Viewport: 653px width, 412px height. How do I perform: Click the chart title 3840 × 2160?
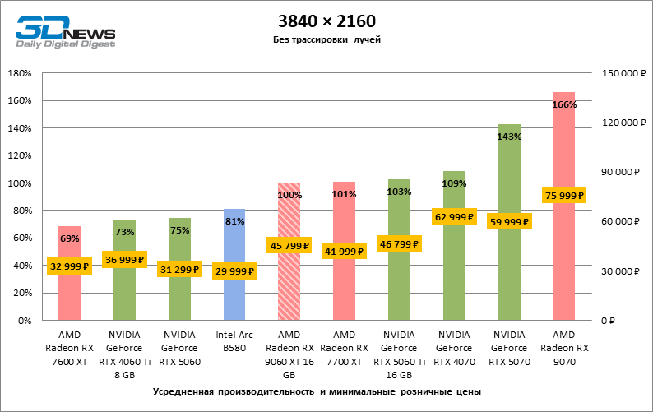[326, 20]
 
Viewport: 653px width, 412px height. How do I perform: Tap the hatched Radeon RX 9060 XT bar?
[289, 280]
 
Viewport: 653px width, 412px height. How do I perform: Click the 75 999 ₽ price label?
[564, 196]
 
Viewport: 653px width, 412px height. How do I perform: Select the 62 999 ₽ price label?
[454, 217]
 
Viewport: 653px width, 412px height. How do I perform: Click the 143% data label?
[509, 137]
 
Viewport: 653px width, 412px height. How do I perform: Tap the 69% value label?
[69, 238]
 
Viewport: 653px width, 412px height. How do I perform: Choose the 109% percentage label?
[454, 183]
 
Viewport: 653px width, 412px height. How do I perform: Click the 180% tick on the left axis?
[19, 73]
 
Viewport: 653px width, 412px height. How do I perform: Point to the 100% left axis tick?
[19, 183]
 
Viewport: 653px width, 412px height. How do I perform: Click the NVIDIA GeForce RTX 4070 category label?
[454, 348]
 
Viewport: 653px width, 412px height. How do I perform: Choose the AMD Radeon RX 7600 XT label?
[69, 348]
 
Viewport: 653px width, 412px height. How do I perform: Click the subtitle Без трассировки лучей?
[326, 39]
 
